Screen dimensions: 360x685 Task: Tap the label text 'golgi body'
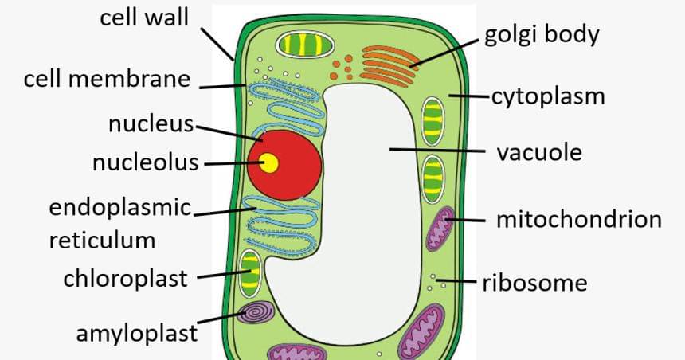click(x=542, y=36)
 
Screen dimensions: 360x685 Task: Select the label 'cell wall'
click(x=144, y=18)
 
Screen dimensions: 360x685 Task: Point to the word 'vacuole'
click(x=539, y=151)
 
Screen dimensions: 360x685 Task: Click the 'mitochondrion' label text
click(x=578, y=219)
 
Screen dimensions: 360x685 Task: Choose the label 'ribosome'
click(x=534, y=282)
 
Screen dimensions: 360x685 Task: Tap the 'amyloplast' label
click(x=136, y=332)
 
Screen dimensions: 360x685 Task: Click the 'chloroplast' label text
click(x=125, y=278)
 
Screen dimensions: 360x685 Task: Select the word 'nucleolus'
click(x=145, y=163)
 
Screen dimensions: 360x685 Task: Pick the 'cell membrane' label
click(x=107, y=80)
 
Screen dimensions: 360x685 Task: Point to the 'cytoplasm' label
click(x=547, y=97)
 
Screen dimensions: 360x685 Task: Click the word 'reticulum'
click(x=102, y=240)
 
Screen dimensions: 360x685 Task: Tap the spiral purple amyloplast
click(x=256, y=313)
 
